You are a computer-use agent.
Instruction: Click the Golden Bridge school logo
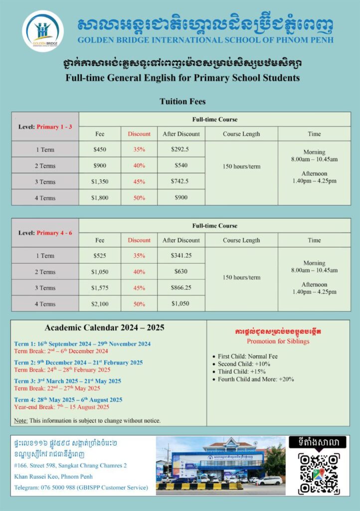(43, 30)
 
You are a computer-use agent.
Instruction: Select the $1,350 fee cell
(100, 181)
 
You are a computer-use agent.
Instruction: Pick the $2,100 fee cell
(100, 304)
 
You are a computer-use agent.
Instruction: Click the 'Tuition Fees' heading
(182, 101)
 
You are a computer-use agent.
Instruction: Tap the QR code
(319, 474)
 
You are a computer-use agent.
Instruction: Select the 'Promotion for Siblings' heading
(278, 341)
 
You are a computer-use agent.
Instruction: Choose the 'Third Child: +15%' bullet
(242, 371)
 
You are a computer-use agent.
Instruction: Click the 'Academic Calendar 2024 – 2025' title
(104, 328)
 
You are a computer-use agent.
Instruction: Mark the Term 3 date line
(67, 381)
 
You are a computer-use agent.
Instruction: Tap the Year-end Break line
(61, 407)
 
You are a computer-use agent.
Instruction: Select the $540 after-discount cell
(181, 165)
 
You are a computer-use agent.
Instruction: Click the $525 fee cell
(100, 255)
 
